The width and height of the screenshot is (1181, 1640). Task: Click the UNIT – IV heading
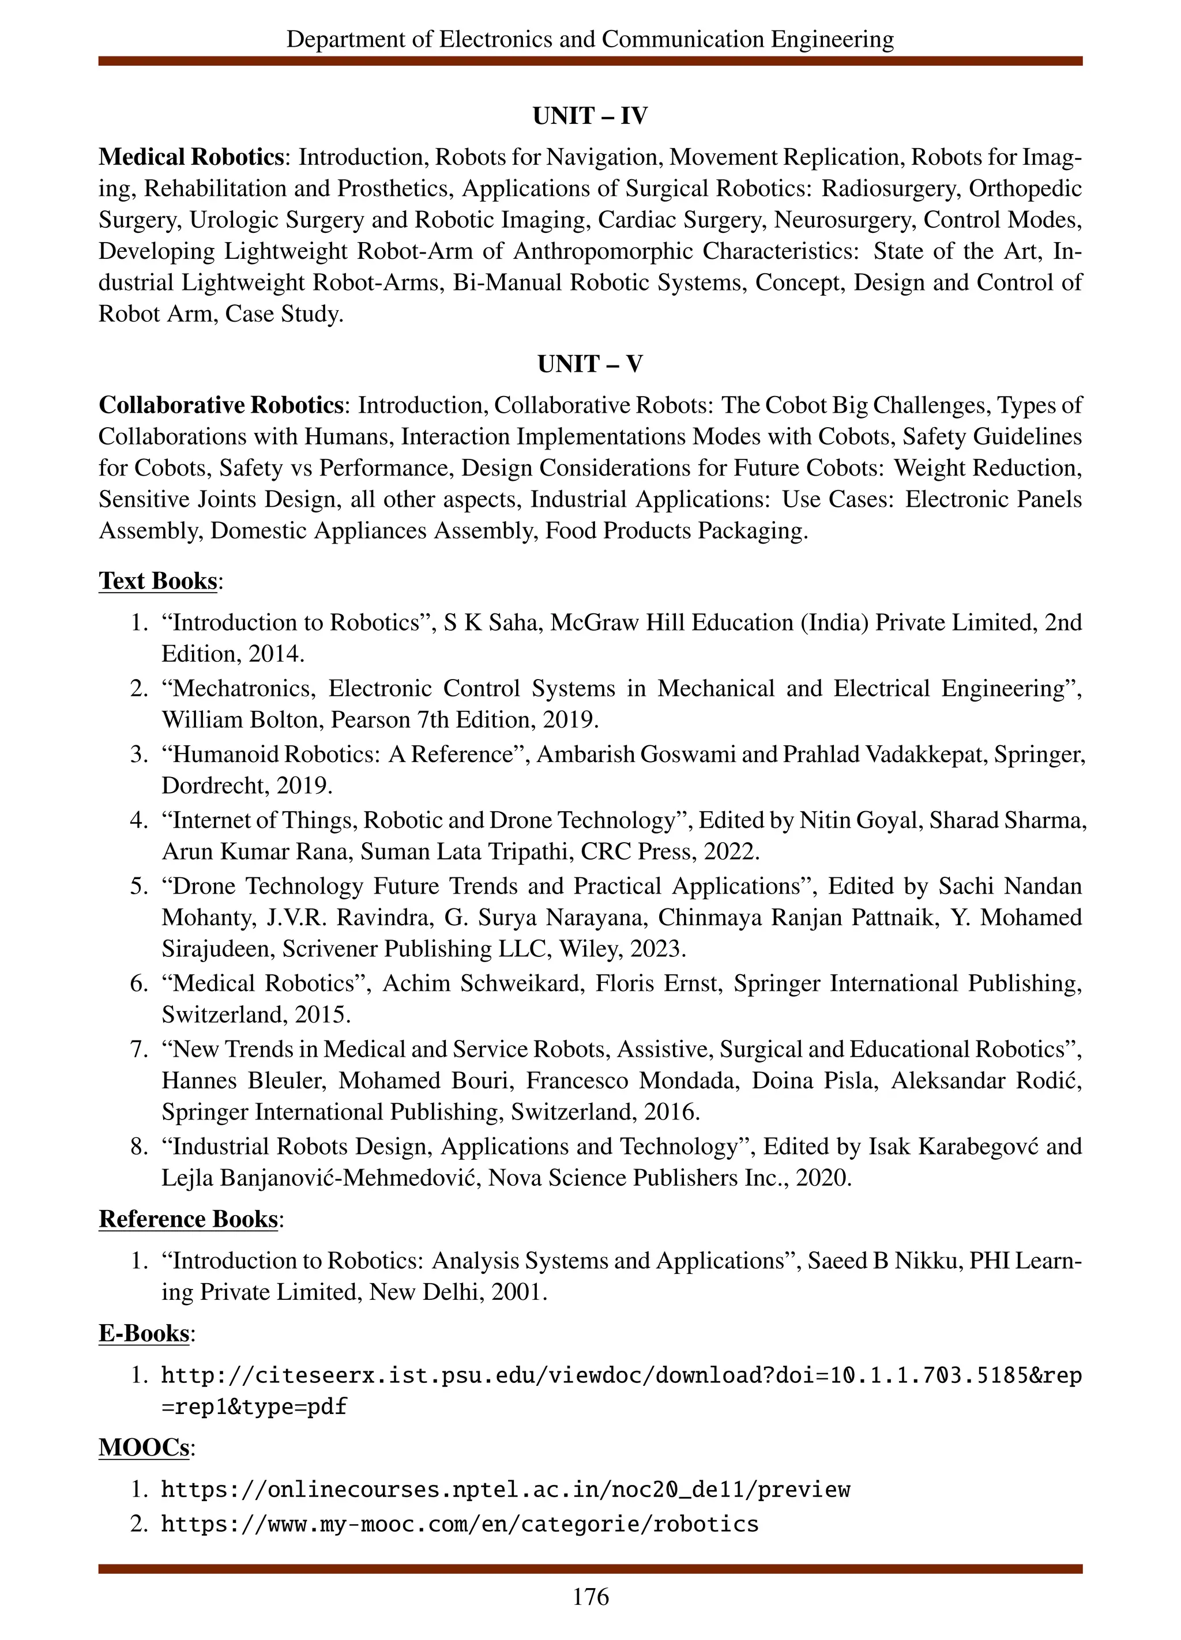pos(589,116)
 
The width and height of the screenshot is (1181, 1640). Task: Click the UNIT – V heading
pos(589,364)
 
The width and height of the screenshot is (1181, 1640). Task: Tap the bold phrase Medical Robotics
pos(191,157)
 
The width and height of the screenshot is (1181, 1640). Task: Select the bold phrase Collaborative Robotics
pos(221,405)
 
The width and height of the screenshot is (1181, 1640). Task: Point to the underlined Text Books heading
pos(157,580)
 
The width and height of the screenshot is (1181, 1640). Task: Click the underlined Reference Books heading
pos(188,1219)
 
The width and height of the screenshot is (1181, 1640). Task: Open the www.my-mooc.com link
pos(459,1524)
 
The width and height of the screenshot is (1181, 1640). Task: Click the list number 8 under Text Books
pos(139,1147)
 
